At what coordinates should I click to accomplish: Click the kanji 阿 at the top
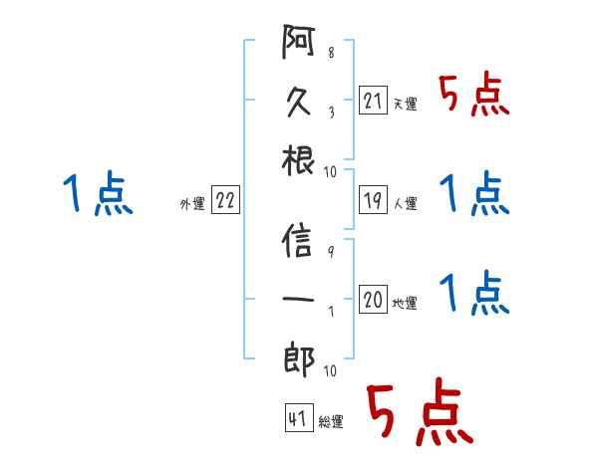(298, 42)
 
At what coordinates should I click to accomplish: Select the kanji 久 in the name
(298, 102)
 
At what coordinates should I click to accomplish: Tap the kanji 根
(298, 161)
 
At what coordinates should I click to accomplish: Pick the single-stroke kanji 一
(298, 299)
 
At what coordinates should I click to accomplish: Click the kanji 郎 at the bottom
(299, 359)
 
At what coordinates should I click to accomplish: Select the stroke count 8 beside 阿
(331, 53)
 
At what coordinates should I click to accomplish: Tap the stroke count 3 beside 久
(332, 113)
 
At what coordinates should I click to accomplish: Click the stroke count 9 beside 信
(331, 252)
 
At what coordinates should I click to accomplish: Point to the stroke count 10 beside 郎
(330, 370)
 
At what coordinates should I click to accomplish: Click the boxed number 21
(373, 101)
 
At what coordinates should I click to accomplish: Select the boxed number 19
(373, 200)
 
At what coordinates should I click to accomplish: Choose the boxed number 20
(373, 299)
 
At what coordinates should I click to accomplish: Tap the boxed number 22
(225, 200)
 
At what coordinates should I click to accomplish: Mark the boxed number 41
(299, 417)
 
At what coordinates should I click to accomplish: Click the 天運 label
(406, 104)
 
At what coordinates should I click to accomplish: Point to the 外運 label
(192, 203)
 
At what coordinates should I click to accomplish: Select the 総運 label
(331, 421)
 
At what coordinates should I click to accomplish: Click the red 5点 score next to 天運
(474, 94)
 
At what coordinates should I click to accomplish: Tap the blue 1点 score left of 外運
(98, 192)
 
